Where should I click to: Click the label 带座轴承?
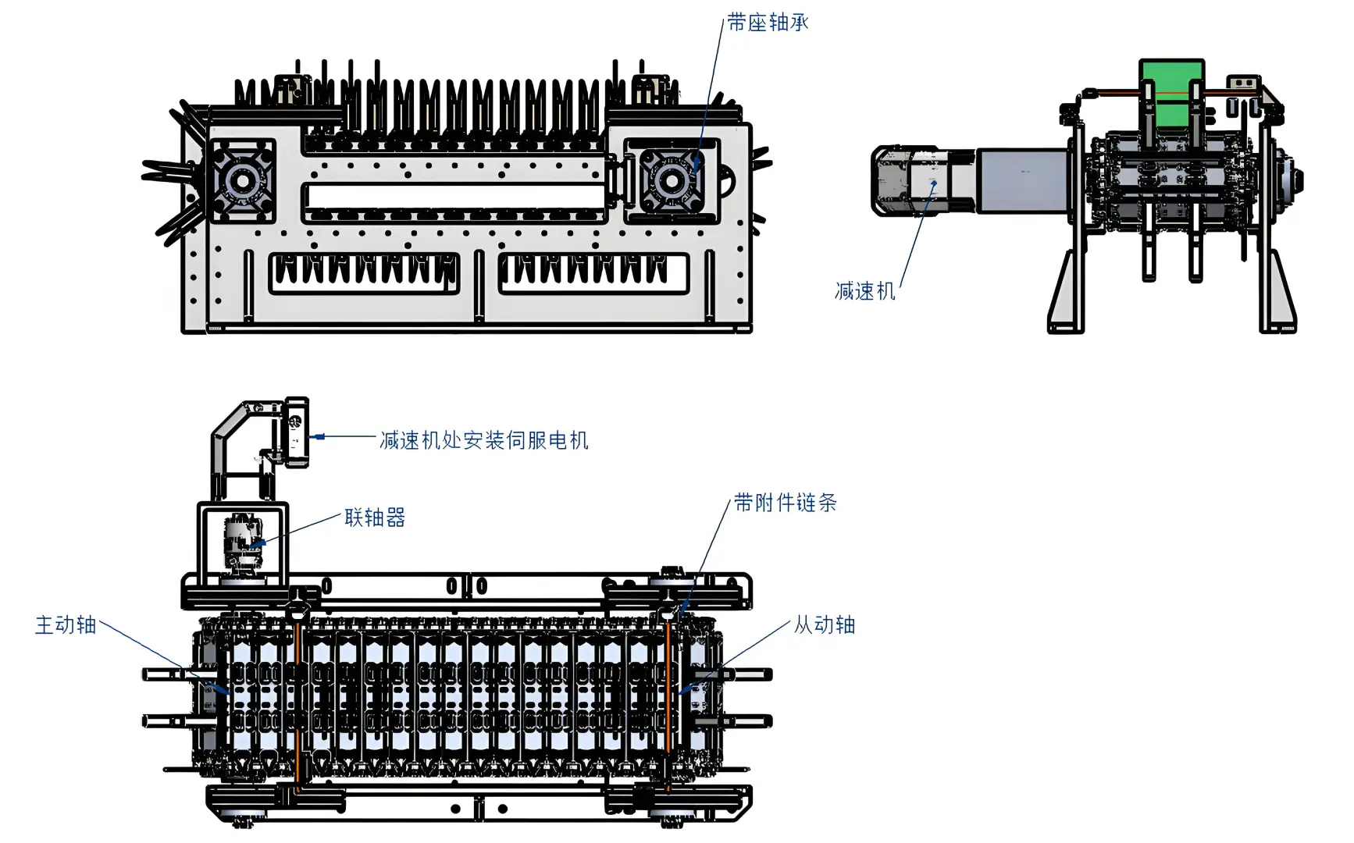point(767,23)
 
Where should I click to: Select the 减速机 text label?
point(864,292)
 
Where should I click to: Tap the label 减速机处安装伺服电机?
point(483,441)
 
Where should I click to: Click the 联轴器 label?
point(375,518)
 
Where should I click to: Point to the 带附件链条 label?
point(785,503)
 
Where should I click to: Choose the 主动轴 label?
point(66,625)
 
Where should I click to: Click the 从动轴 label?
point(825,625)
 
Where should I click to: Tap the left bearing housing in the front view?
point(241,181)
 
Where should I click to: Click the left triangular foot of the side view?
point(1067,294)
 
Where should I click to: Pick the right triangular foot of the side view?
point(1277,294)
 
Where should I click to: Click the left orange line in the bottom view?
point(298,702)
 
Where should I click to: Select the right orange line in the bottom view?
point(668,702)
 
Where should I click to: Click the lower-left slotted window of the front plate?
point(364,273)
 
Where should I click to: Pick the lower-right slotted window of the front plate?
point(593,273)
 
